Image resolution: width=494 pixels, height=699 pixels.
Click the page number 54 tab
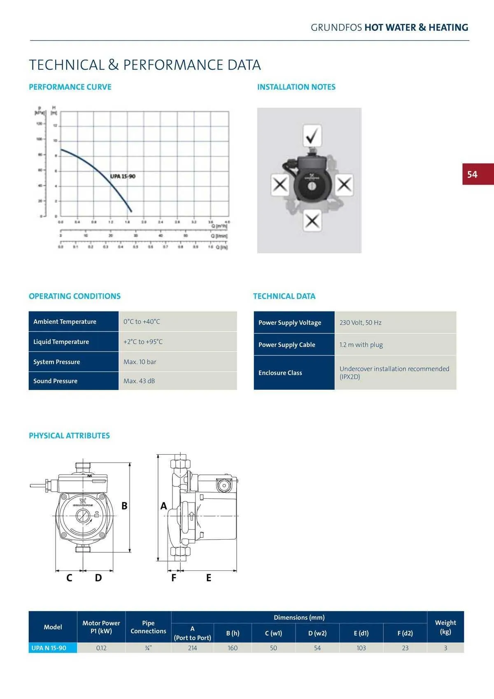tap(477, 174)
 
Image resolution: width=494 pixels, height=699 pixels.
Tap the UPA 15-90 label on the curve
tap(123, 176)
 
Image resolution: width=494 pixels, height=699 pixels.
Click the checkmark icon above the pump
tap(312, 135)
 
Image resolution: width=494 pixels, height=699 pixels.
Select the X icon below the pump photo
tap(312, 221)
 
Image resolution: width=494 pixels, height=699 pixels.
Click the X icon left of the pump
tap(280, 184)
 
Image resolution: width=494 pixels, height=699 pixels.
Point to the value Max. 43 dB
tap(139, 381)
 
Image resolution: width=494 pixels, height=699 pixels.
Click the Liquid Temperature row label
tap(61, 342)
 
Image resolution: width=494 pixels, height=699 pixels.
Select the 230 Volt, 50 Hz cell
tap(361, 323)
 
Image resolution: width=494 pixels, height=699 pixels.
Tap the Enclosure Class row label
tap(280, 373)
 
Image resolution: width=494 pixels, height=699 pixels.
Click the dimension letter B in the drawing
tap(124, 506)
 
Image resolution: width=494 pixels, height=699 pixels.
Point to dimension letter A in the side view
tap(164, 506)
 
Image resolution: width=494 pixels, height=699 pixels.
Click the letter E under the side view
tap(209, 578)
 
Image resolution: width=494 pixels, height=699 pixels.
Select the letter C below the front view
tap(69, 578)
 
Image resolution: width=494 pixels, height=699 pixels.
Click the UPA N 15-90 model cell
tap(49, 648)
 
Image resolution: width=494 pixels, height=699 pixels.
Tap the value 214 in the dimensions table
tap(192, 648)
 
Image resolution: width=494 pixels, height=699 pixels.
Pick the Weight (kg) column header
tap(445, 627)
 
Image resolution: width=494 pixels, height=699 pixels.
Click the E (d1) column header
tap(361, 633)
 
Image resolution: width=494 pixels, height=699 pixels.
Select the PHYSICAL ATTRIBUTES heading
tap(69, 436)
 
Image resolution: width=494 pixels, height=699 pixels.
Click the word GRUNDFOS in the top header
tap(336, 28)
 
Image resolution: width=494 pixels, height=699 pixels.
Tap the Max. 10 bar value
tap(140, 362)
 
